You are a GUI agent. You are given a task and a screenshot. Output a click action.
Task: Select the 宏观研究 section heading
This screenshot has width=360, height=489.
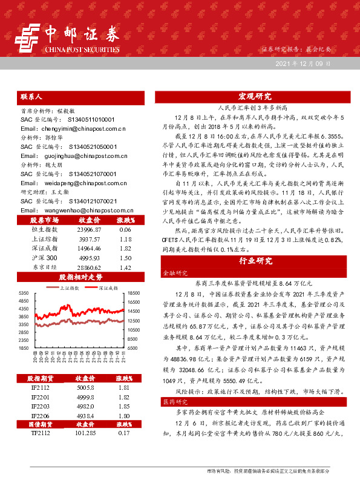pos(255,96)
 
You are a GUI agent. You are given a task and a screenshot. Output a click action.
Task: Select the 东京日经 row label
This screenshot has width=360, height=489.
pos(44,266)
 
